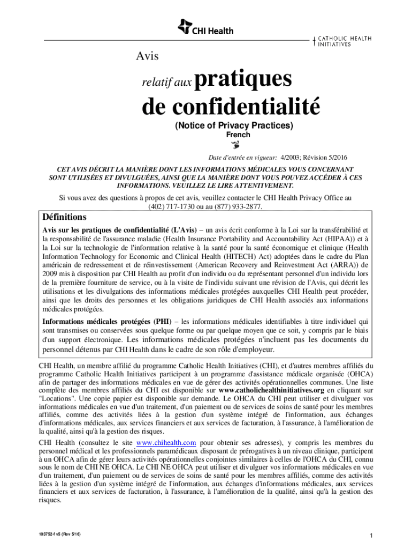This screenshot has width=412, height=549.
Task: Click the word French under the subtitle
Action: (x=238, y=135)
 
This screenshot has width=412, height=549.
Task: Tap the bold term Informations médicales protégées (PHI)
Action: (x=107, y=321)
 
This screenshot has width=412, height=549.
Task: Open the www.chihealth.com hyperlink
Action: (x=166, y=443)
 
